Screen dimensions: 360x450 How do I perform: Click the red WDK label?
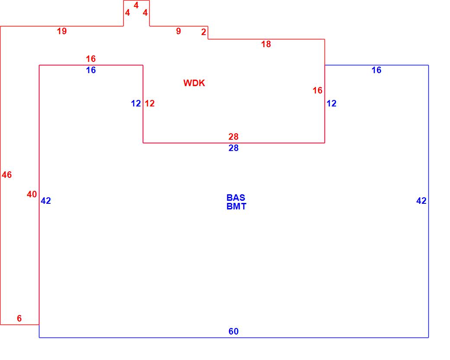(x=194, y=83)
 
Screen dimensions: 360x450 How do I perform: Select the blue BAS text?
(x=236, y=198)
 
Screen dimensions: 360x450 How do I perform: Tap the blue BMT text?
(x=236, y=207)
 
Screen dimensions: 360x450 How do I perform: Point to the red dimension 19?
(x=62, y=31)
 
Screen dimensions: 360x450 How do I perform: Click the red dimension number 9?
(x=178, y=31)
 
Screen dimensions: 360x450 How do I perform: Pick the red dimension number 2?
(x=203, y=32)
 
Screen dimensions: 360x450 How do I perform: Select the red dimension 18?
(x=266, y=44)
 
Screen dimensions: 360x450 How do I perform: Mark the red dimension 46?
(x=7, y=175)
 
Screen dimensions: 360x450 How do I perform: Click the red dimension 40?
(x=32, y=195)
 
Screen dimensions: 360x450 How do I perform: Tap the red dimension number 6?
(x=19, y=318)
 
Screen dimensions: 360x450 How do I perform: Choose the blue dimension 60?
(x=234, y=332)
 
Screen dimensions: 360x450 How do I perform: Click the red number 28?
(x=234, y=137)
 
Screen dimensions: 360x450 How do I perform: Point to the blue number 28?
(x=234, y=148)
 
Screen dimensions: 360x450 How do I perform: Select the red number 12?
(x=150, y=104)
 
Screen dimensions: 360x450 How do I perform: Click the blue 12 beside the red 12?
(x=136, y=104)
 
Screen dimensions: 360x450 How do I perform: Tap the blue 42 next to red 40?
(x=46, y=201)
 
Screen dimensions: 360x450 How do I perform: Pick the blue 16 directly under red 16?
(x=91, y=70)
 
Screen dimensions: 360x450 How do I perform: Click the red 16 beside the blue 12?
(x=318, y=90)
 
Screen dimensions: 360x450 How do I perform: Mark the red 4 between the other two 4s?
(x=136, y=5)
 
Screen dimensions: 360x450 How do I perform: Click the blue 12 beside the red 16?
(x=331, y=104)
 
